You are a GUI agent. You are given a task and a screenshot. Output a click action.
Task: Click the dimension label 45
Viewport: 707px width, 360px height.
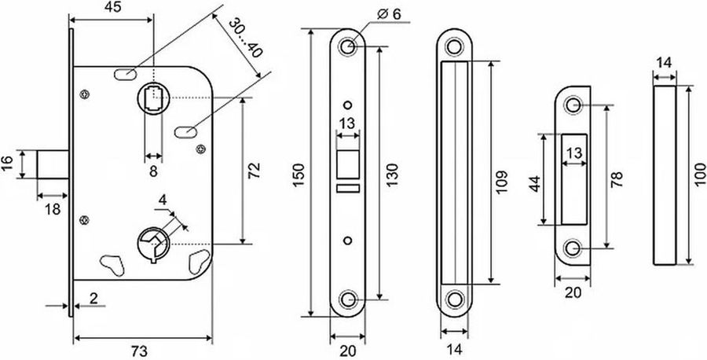(114, 8)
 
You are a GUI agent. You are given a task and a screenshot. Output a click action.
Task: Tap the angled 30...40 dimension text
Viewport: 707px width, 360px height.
(245, 38)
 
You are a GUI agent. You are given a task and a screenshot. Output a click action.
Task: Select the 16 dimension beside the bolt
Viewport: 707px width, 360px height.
(7, 164)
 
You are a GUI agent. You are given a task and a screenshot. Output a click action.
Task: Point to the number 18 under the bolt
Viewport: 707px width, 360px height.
(53, 209)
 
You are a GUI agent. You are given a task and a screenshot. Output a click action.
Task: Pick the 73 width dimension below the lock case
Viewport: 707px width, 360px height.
(140, 351)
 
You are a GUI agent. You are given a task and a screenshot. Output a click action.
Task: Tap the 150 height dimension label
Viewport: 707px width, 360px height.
(300, 176)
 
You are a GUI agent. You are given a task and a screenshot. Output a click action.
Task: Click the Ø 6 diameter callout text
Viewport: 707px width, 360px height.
(389, 14)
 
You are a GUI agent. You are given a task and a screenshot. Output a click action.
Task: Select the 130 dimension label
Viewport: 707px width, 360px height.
(392, 175)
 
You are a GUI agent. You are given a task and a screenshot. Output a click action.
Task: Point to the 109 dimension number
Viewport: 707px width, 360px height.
(501, 182)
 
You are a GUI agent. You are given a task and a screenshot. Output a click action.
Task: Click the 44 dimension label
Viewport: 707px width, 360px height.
(535, 184)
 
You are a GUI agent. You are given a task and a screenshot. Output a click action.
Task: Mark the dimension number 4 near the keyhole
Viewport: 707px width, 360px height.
(163, 199)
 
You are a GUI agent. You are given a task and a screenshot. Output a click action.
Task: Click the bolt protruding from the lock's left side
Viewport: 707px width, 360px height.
(53, 164)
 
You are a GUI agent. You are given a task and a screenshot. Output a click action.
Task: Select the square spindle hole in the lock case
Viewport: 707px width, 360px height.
(153, 98)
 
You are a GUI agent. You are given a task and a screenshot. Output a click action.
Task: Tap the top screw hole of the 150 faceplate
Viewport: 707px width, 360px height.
(347, 46)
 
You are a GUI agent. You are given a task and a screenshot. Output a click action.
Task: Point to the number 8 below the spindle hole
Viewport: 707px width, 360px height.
(153, 171)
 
